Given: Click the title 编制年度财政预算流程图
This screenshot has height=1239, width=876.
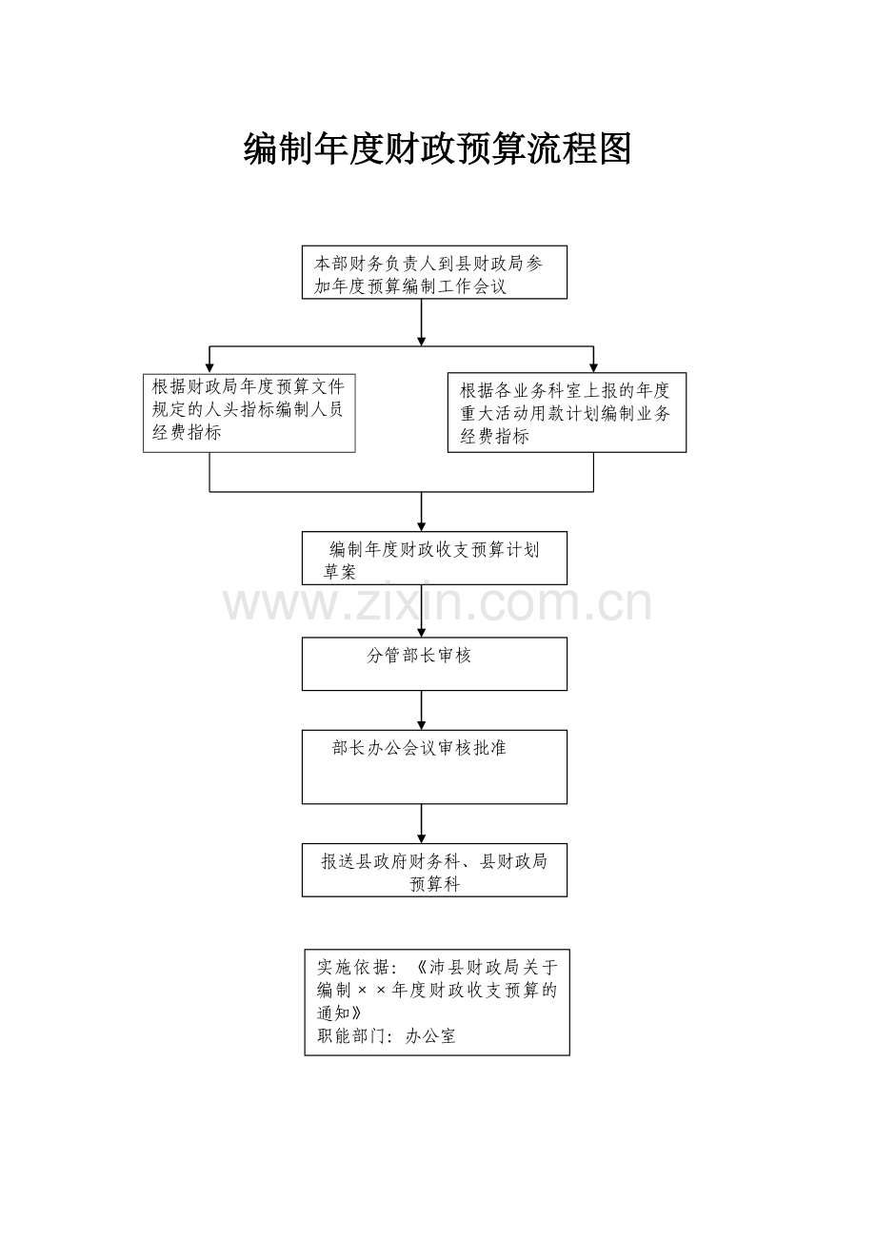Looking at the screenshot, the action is [437, 148].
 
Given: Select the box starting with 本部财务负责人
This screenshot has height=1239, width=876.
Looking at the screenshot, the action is [434, 272].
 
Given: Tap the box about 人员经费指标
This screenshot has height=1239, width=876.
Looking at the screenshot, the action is [249, 413].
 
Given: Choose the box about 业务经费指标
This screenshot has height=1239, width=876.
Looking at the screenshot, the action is [567, 413].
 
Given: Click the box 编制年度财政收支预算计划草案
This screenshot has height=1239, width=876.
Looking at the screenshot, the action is [434, 558].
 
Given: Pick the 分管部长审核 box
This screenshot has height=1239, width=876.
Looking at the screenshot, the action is [434, 664].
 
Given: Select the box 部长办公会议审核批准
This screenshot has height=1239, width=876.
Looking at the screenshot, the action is [434, 767].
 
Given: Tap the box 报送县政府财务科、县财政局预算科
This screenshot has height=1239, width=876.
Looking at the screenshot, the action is [434, 870].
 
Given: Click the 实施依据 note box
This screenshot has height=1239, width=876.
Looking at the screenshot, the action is [437, 1002].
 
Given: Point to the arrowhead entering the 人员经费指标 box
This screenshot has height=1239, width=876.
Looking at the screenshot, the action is [209, 368].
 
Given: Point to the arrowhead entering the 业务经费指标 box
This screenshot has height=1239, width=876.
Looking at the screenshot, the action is [593, 367].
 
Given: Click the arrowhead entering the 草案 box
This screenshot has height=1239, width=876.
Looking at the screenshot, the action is [421, 526].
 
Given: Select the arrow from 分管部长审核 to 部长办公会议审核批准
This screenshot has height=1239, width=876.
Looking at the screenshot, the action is [421, 710].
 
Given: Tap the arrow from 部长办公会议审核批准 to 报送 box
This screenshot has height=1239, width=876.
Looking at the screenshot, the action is [421, 823].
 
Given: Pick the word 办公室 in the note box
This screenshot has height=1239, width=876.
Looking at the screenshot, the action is [430, 1035].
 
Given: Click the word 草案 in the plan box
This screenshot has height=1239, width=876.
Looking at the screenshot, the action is [340, 572].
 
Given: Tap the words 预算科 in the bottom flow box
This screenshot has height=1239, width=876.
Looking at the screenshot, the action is [434, 883].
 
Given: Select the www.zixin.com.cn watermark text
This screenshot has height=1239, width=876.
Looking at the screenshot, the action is [437, 602].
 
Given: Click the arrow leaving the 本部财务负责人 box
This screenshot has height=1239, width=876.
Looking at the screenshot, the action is [421, 323].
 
